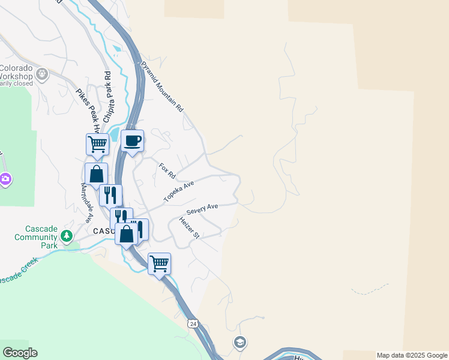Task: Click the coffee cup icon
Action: pyautogui.click(x=133, y=141)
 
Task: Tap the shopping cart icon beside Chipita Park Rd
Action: pyautogui.click(x=97, y=145)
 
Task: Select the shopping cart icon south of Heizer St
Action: pyautogui.click(x=159, y=263)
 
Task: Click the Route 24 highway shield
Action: pyautogui.click(x=192, y=323)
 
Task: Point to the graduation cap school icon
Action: pyautogui.click(x=240, y=342)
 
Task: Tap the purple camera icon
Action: pyautogui.click(x=5, y=179)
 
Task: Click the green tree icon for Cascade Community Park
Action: pyautogui.click(x=67, y=235)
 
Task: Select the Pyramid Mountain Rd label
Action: pyautogui.click(x=162, y=87)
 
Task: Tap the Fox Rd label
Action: pyautogui.click(x=167, y=171)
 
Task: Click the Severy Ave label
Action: pyautogui.click(x=202, y=209)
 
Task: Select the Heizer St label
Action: pyautogui.click(x=189, y=228)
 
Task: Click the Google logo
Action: pyautogui.click(x=20, y=353)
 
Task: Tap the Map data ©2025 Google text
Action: pyautogui.click(x=412, y=355)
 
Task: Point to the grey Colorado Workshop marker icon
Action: pyautogui.click(x=42, y=74)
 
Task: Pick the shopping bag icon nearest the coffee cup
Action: pyautogui.click(x=96, y=175)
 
